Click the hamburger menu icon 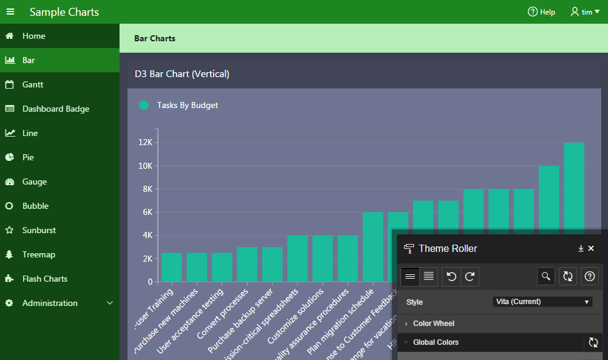(x=10, y=12)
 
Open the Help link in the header (x=541, y=12)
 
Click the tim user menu (x=581, y=12)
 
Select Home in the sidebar (x=34, y=36)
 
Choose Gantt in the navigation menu (x=33, y=84)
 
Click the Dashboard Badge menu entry (x=56, y=109)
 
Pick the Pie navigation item (x=28, y=157)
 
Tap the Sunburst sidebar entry (x=39, y=230)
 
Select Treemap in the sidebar (x=39, y=254)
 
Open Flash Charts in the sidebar (x=45, y=279)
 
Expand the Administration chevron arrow (x=110, y=303)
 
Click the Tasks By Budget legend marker (x=144, y=105)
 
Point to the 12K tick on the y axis (x=146, y=143)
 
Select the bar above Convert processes (x=247, y=264)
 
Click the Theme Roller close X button (x=591, y=248)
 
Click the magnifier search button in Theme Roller (x=546, y=276)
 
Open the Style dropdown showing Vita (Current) (x=542, y=302)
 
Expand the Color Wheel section (x=433, y=324)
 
